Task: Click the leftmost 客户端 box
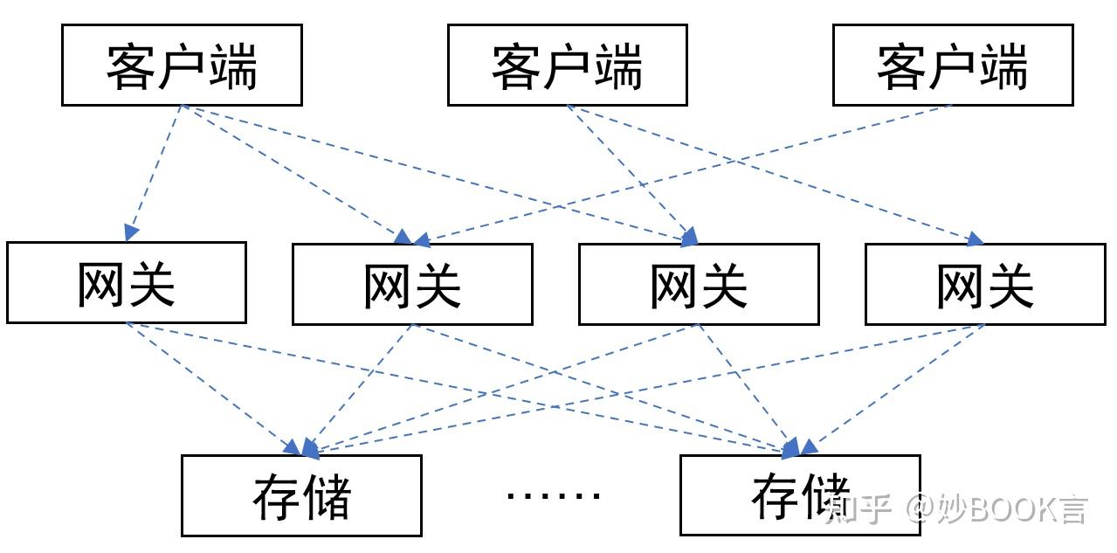pyautogui.click(x=182, y=66)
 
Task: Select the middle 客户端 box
pyautogui.click(x=567, y=66)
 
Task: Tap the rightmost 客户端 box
pyautogui.click(x=952, y=66)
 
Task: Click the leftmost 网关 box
pyautogui.click(x=127, y=283)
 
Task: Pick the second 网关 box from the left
pyautogui.click(x=412, y=284)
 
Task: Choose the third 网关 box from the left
pyautogui.click(x=699, y=284)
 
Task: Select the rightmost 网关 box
pyautogui.click(x=984, y=284)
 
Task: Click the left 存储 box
pyautogui.click(x=301, y=495)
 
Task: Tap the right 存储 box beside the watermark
pyautogui.click(x=799, y=495)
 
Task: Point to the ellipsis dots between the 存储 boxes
pyautogui.click(x=554, y=495)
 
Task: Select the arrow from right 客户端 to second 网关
pyautogui.click(x=681, y=173)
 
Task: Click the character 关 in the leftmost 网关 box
pyautogui.click(x=151, y=284)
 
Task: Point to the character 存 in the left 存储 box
pyautogui.click(x=276, y=497)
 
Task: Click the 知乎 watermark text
pyautogui.click(x=858, y=508)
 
